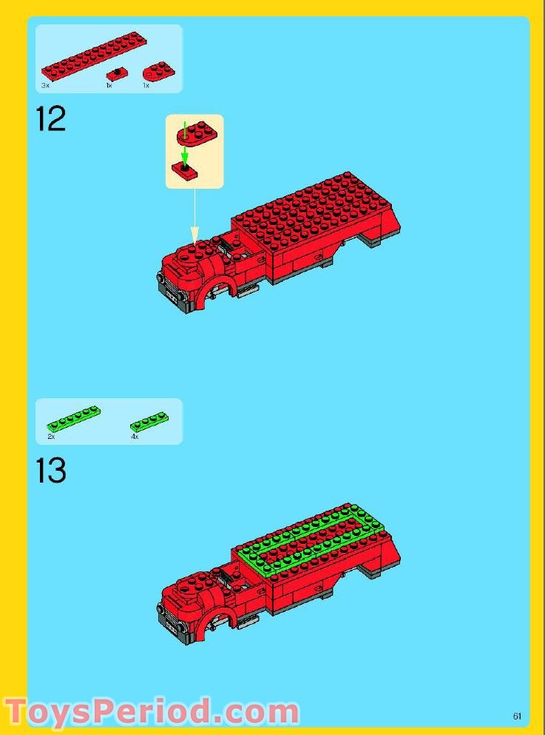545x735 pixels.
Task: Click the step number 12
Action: coord(51,119)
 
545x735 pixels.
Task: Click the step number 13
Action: coord(51,471)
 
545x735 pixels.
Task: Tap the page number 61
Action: coord(517,716)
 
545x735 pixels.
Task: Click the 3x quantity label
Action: coord(45,86)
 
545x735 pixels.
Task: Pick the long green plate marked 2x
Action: coord(73,419)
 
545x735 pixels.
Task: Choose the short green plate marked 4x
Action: coord(149,422)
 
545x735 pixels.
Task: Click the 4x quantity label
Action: coord(135,437)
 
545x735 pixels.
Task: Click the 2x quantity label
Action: coord(51,437)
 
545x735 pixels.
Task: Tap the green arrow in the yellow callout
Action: coord(185,153)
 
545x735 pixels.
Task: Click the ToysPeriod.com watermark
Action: coord(152,712)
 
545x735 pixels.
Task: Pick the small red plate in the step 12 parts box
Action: coord(115,73)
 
